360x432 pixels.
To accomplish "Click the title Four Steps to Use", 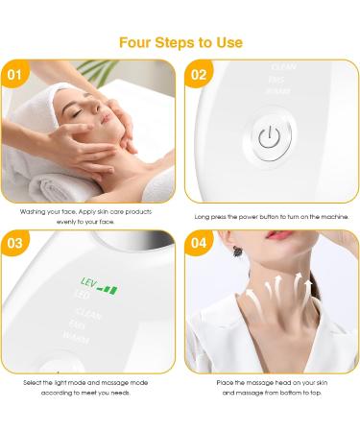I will (180, 42).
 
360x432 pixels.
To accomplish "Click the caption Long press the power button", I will (272, 217).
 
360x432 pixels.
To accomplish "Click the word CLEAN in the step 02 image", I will (283, 68).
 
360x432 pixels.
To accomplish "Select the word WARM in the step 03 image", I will (76, 337).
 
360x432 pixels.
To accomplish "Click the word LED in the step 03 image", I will (68, 301).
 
